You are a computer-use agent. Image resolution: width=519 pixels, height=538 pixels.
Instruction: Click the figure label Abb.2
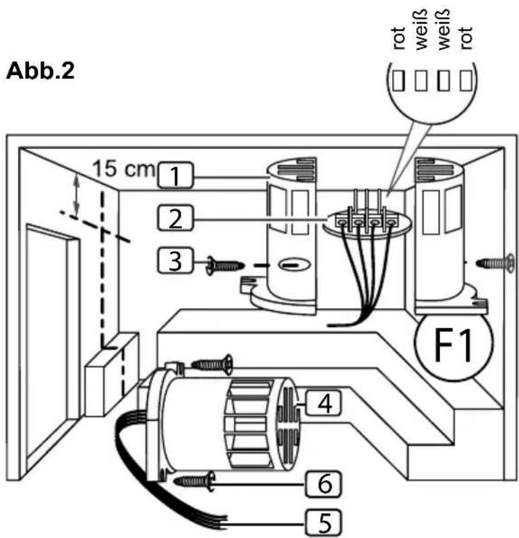click(x=40, y=71)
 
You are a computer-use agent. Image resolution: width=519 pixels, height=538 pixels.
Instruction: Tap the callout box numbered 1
click(x=175, y=175)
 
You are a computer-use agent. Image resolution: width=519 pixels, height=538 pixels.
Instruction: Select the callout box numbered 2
click(x=175, y=218)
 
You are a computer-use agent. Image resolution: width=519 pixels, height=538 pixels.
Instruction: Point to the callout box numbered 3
click(x=175, y=260)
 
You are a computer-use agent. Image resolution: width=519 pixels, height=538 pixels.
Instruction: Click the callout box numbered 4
click(x=324, y=402)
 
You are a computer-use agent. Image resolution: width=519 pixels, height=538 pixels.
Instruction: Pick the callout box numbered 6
click(x=324, y=484)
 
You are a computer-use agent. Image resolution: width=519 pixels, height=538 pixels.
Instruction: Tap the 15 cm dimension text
click(x=124, y=169)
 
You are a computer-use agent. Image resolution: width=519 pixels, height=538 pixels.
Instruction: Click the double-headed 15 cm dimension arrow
click(x=76, y=195)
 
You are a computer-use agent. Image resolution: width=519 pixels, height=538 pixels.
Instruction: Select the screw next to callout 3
click(x=225, y=266)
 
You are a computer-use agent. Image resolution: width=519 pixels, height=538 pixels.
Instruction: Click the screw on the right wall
click(x=495, y=263)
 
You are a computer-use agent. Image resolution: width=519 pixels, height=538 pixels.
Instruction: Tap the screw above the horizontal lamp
click(x=212, y=363)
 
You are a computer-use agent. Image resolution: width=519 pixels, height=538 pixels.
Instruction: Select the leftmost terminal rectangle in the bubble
click(x=398, y=80)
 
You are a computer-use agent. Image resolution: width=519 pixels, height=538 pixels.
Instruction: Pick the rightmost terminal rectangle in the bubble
click(x=466, y=80)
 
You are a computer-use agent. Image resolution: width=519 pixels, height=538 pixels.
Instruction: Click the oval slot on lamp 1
click(x=295, y=264)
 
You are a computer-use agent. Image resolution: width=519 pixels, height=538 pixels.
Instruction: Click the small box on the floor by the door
click(x=112, y=374)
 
